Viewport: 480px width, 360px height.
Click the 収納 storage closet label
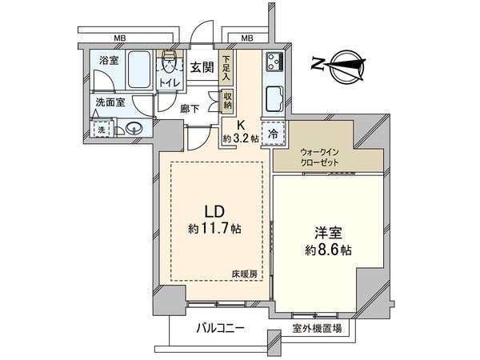(227, 101)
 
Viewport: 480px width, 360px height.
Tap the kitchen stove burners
(274, 61)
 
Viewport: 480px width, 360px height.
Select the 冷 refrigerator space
(273, 134)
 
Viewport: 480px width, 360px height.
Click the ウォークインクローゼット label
(319, 156)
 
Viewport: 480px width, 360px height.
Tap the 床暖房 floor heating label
(244, 274)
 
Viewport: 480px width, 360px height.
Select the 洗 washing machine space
(102, 130)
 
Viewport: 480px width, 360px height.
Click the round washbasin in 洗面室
(131, 128)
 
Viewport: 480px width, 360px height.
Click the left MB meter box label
(119, 38)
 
